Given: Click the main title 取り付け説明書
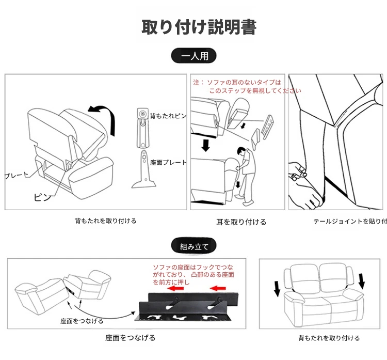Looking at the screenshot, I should tap(199, 27).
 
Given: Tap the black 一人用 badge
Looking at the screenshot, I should tap(193, 56).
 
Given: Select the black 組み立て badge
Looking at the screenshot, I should tap(193, 247).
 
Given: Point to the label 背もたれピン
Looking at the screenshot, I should tap(168, 116).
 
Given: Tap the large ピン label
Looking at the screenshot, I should tap(42, 196).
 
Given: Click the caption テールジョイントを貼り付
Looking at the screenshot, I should tap(350, 222).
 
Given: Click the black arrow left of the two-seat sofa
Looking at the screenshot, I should tap(277, 288).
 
